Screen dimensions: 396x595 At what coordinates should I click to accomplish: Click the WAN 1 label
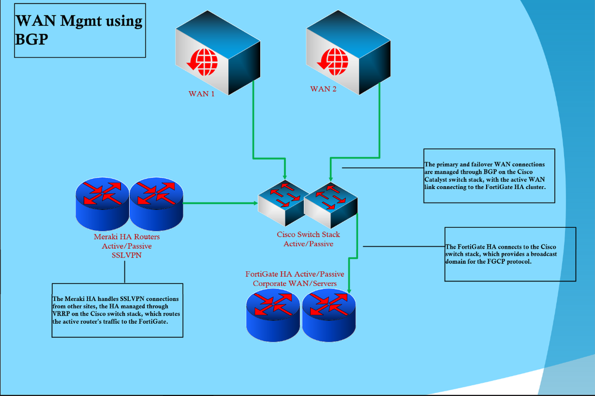point(201,94)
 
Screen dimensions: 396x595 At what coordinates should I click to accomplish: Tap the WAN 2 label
point(323,89)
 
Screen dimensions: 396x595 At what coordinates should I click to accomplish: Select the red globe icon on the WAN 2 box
point(332,59)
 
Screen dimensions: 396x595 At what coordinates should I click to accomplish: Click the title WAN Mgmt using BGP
point(79,30)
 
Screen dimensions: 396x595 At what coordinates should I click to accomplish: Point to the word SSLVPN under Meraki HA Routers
point(126,255)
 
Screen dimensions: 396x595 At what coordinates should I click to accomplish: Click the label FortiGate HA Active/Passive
point(295,274)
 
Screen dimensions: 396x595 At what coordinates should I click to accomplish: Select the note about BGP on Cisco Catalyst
point(488,177)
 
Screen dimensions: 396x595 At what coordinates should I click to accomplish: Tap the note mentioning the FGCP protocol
point(510,254)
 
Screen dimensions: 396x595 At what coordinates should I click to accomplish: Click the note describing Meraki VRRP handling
point(117,310)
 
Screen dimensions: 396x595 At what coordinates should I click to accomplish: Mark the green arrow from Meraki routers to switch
point(217,203)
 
